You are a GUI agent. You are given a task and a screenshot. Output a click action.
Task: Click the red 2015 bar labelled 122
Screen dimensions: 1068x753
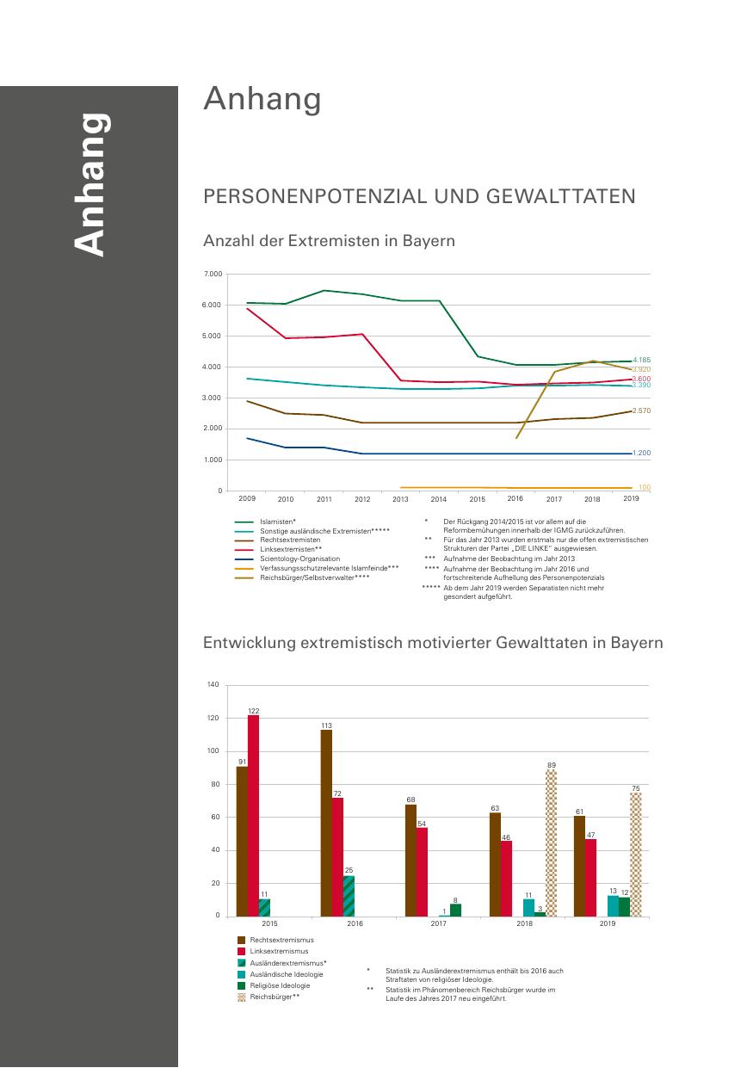tap(253, 815)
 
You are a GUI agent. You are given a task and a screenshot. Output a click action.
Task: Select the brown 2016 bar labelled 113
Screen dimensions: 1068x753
tap(326, 823)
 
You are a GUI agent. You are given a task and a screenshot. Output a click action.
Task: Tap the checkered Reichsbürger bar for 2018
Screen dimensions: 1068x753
tap(551, 843)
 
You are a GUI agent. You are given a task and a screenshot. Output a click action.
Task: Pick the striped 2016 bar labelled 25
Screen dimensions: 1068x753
tap(349, 896)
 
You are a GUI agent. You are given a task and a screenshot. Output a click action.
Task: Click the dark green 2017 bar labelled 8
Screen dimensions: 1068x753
tap(455, 910)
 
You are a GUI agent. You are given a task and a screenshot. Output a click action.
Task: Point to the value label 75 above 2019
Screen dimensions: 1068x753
tap(635, 788)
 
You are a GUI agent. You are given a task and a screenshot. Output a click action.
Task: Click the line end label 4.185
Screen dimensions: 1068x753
tap(641, 360)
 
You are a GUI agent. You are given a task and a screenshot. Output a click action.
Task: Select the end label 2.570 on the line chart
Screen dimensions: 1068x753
tap(641, 411)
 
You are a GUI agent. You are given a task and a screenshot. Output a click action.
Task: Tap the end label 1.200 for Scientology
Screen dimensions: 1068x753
tap(641, 453)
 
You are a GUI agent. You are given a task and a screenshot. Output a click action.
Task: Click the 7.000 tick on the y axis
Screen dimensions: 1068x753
tap(213, 274)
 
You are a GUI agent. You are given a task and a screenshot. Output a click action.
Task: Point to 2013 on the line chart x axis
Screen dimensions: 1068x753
tap(400, 499)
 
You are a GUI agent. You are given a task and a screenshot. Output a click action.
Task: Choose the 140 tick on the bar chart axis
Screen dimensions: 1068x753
tap(213, 685)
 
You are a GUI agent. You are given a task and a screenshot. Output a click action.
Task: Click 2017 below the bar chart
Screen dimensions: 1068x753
tap(439, 923)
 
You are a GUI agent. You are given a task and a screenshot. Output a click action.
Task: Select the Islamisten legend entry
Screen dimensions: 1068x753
tap(278, 522)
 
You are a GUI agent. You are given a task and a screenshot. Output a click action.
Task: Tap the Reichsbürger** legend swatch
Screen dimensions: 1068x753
tap(242, 997)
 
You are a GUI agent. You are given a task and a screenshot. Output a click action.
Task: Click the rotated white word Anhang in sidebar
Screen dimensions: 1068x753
tap(90, 184)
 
